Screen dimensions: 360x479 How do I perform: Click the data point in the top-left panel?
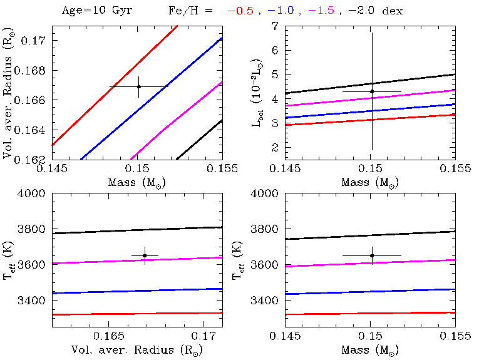pos(138,86)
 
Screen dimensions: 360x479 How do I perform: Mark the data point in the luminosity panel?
pos(372,91)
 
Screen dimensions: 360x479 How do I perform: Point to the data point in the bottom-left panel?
pos(145,255)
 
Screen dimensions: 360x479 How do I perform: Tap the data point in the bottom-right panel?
pos(372,255)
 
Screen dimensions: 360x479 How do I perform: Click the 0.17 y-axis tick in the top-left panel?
pos(34,40)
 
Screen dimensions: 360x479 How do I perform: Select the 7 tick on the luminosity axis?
pos(274,26)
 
